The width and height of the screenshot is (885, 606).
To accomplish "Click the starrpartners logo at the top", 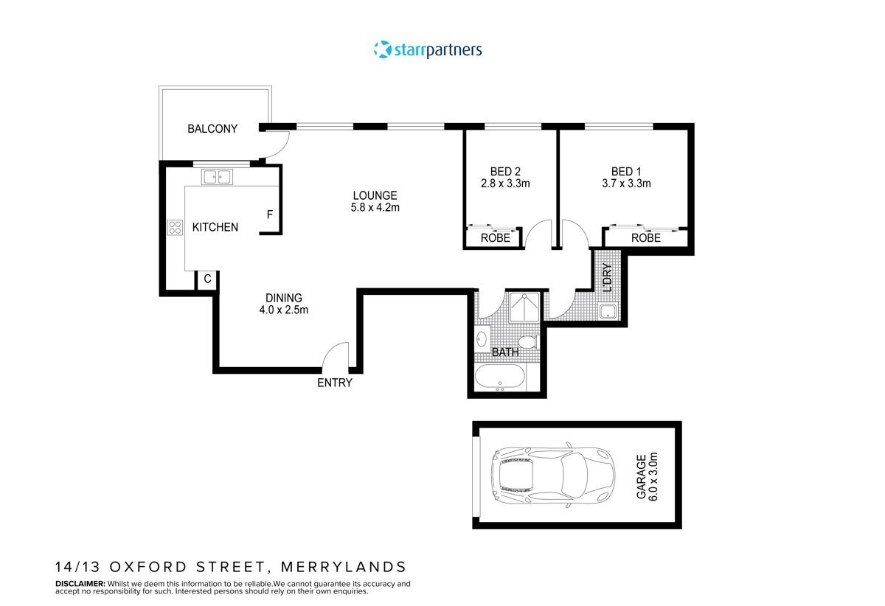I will [428, 50].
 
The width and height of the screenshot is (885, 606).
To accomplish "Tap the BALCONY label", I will [212, 129].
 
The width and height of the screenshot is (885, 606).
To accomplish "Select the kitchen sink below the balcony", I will [217, 177].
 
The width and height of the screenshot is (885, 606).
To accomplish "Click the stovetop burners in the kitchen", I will [175, 228].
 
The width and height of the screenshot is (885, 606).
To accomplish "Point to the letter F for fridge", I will [270, 215].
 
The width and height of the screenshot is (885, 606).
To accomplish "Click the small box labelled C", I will [207, 279].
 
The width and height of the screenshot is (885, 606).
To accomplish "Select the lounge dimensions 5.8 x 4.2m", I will [375, 208].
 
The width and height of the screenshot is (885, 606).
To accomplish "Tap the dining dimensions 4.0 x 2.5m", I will [283, 310].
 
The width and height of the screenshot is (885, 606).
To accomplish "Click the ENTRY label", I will [335, 383].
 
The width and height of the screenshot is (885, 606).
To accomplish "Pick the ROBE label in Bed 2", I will [495, 238].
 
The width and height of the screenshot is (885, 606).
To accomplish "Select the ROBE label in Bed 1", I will [645, 238].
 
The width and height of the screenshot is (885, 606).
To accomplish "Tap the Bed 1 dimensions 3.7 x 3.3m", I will [625, 184].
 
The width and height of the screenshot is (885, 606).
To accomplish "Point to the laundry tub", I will [609, 312].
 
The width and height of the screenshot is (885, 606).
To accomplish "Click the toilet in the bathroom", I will [527, 341].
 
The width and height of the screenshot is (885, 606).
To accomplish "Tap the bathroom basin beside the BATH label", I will [482, 339].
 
